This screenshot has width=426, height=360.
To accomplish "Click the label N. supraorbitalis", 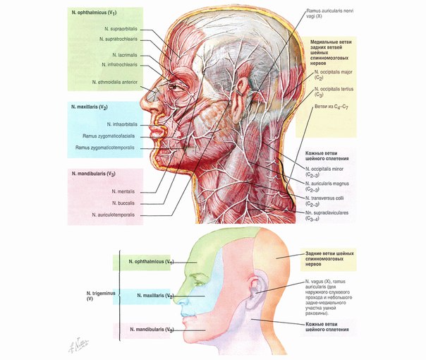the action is pos(121,29).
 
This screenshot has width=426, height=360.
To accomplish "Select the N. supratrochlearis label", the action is pos(118,39).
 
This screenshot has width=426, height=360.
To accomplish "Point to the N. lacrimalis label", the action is pos(125,55).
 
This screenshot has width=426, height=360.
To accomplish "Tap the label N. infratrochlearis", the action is pos(119,65).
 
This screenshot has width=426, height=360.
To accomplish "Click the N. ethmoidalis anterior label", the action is pos(115,82).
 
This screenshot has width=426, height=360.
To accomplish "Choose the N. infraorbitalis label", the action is pos(122,124).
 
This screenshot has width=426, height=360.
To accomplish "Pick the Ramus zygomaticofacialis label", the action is pos(109,136).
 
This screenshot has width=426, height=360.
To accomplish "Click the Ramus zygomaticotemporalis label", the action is pos(104,148).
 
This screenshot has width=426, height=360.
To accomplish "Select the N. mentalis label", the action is pos(123,191).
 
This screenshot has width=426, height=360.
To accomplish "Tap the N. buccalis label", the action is pos(123,203).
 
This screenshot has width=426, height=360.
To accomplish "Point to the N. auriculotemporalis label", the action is pos(113,215).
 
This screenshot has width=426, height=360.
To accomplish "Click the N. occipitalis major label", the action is pos(333,75).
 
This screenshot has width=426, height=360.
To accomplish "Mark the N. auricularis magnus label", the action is pos(327,186).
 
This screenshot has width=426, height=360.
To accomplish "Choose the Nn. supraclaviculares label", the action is pos(327,215).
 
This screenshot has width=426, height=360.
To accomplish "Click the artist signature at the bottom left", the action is pos(78,345).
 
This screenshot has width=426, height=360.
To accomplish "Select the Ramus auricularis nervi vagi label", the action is pos(330,13).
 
